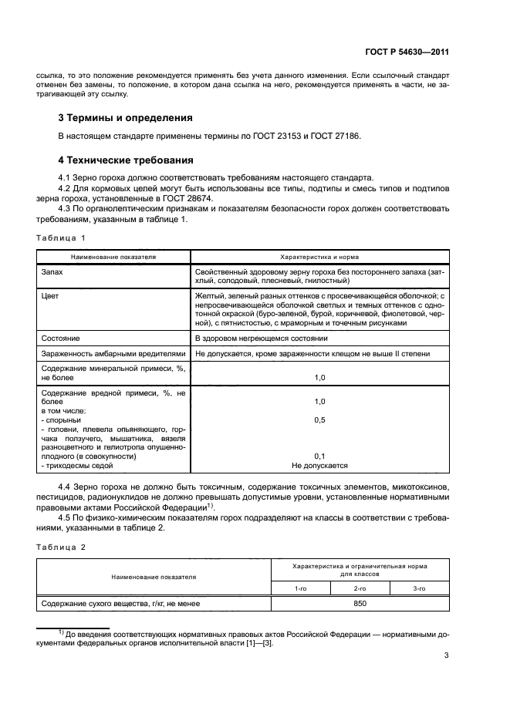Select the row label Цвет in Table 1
[x=51, y=295]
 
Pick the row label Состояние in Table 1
[x=62, y=339]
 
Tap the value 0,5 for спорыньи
[x=320, y=419]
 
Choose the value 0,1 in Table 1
[x=320, y=457]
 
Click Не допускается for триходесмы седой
[x=320, y=466]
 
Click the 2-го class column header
[x=360, y=588]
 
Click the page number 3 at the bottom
[x=447, y=656]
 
